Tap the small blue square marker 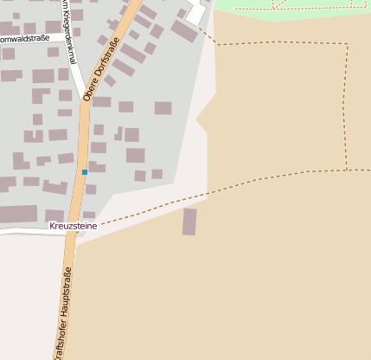pyautogui.click(x=85, y=172)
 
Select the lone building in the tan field pyautogui.click(x=189, y=222)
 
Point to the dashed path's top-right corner pyautogui.click(x=348, y=44)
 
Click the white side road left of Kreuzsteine pyautogui.click(x=26, y=231)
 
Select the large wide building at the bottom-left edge pyautogui.click(x=17, y=214)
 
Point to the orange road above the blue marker pyautogui.click(x=84, y=138)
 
